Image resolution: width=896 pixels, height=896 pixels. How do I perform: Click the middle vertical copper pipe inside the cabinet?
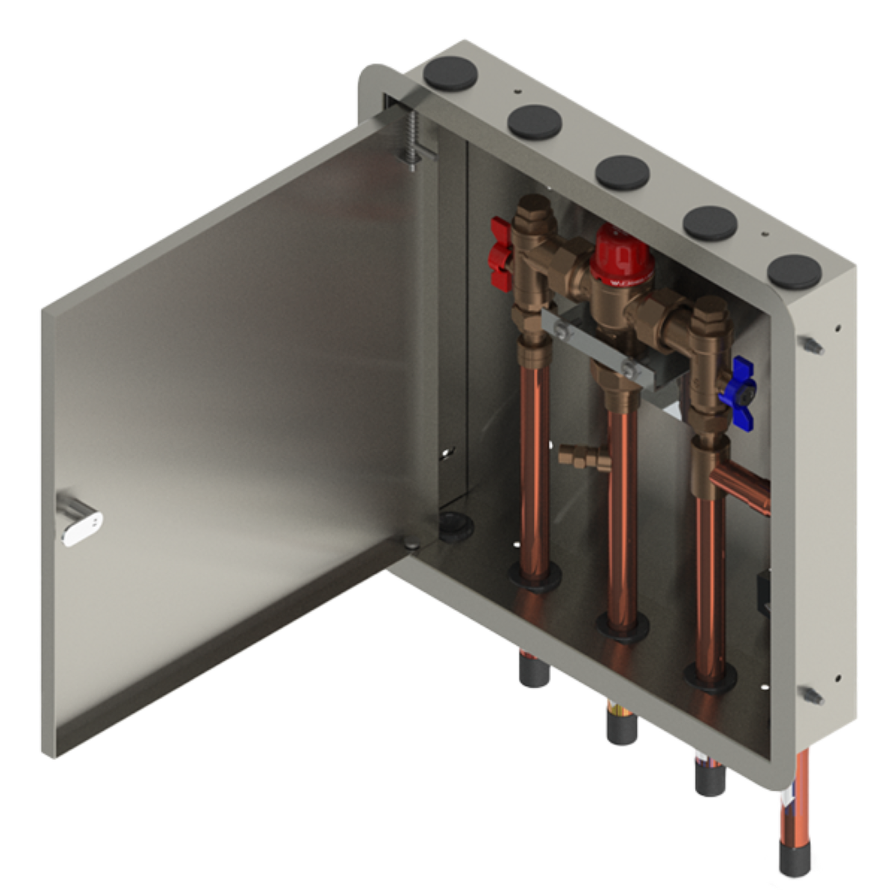coord(621,508)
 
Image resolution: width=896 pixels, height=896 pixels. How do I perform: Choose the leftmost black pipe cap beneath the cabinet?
coord(533,673)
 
